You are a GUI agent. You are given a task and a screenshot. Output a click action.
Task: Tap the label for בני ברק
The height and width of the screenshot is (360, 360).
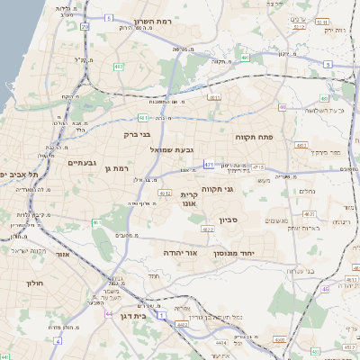coord(137,134)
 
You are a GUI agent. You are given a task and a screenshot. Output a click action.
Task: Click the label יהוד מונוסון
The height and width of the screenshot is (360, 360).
coord(234,254)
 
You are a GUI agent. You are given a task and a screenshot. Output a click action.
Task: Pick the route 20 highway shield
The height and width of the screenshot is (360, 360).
coord(85,27)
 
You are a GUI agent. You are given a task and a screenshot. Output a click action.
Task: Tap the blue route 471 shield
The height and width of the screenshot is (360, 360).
coord(208,165)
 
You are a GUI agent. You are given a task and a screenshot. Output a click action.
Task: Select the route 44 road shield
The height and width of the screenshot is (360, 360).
coord(107,315)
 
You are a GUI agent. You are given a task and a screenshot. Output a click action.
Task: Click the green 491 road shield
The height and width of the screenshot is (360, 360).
coord(245,58)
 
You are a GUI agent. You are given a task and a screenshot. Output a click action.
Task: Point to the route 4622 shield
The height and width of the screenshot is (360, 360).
coord(208,229)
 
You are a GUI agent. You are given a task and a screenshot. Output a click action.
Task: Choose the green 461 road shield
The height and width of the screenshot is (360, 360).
coord(143,118)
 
